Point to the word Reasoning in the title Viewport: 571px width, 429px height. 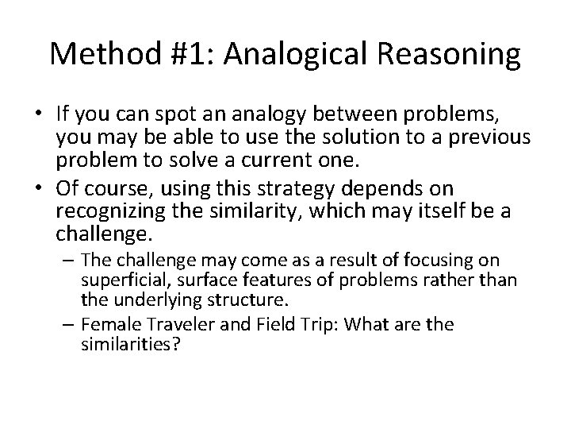[450, 54]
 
